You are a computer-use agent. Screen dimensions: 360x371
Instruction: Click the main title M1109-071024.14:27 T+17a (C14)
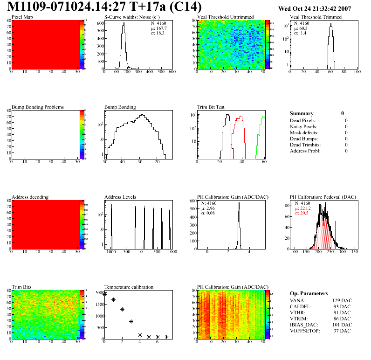coord(105,7)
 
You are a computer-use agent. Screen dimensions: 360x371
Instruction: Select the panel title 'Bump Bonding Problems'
coord(38,107)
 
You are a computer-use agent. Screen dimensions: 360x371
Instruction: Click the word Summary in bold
coord(302,113)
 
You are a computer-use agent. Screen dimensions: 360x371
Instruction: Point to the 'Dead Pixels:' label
coord(303,120)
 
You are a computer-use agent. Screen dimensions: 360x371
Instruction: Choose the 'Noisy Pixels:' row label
coord(304,126)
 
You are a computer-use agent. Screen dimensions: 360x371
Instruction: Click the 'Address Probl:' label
coord(305,151)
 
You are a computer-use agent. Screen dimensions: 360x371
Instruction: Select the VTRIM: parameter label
coord(300,318)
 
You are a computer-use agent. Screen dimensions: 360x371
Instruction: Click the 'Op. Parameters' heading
coord(309,294)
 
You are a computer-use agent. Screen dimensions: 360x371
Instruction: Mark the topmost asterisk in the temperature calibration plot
coord(104,294)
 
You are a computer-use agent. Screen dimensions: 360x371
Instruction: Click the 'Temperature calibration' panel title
coord(129,287)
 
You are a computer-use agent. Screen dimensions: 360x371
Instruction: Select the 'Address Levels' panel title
coord(121,197)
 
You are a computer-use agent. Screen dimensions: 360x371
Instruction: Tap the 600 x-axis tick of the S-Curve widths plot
coord(172,72)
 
